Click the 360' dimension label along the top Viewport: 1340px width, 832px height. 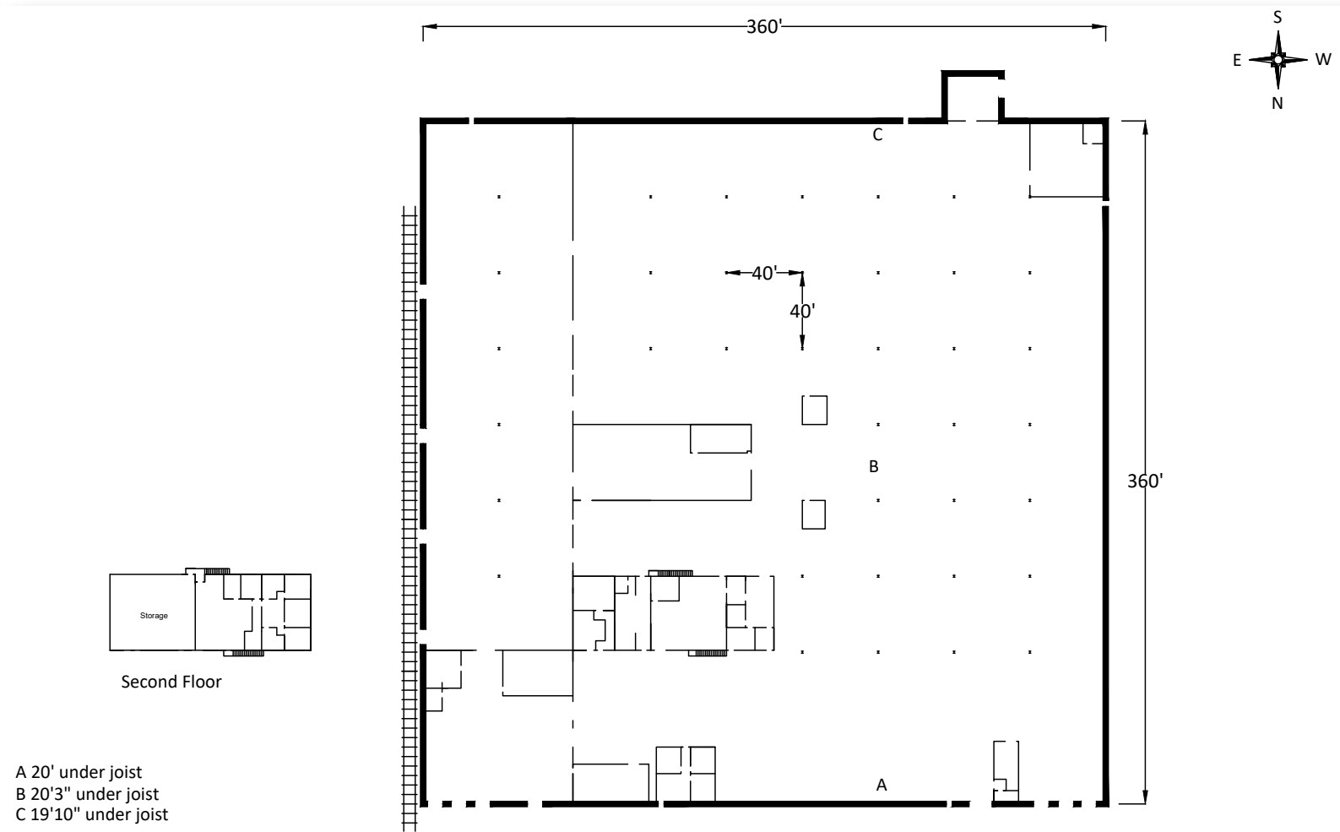coord(765,27)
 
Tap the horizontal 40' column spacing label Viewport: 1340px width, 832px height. coord(763,273)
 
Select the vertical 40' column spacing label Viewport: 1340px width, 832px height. coord(801,311)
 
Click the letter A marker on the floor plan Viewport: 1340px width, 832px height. coord(882,785)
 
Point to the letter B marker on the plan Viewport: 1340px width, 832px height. coord(874,466)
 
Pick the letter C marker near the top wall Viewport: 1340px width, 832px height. coord(878,135)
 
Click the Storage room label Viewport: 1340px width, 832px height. coord(154,616)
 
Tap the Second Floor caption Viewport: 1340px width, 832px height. coord(171,682)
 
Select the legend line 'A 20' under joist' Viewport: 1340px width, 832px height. coord(79,772)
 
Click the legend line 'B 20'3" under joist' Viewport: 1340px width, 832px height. coord(87,794)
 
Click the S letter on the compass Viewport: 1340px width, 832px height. coord(1278,17)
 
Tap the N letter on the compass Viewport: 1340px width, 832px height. coord(1278,103)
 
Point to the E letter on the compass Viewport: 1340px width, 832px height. coord(1236,60)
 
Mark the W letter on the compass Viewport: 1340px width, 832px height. coord(1322,60)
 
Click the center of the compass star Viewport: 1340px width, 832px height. coord(1278,60)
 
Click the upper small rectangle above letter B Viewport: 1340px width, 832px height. coord(814,410)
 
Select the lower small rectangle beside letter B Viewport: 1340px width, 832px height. coord(813,514)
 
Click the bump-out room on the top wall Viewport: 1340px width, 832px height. coord(973,97)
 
